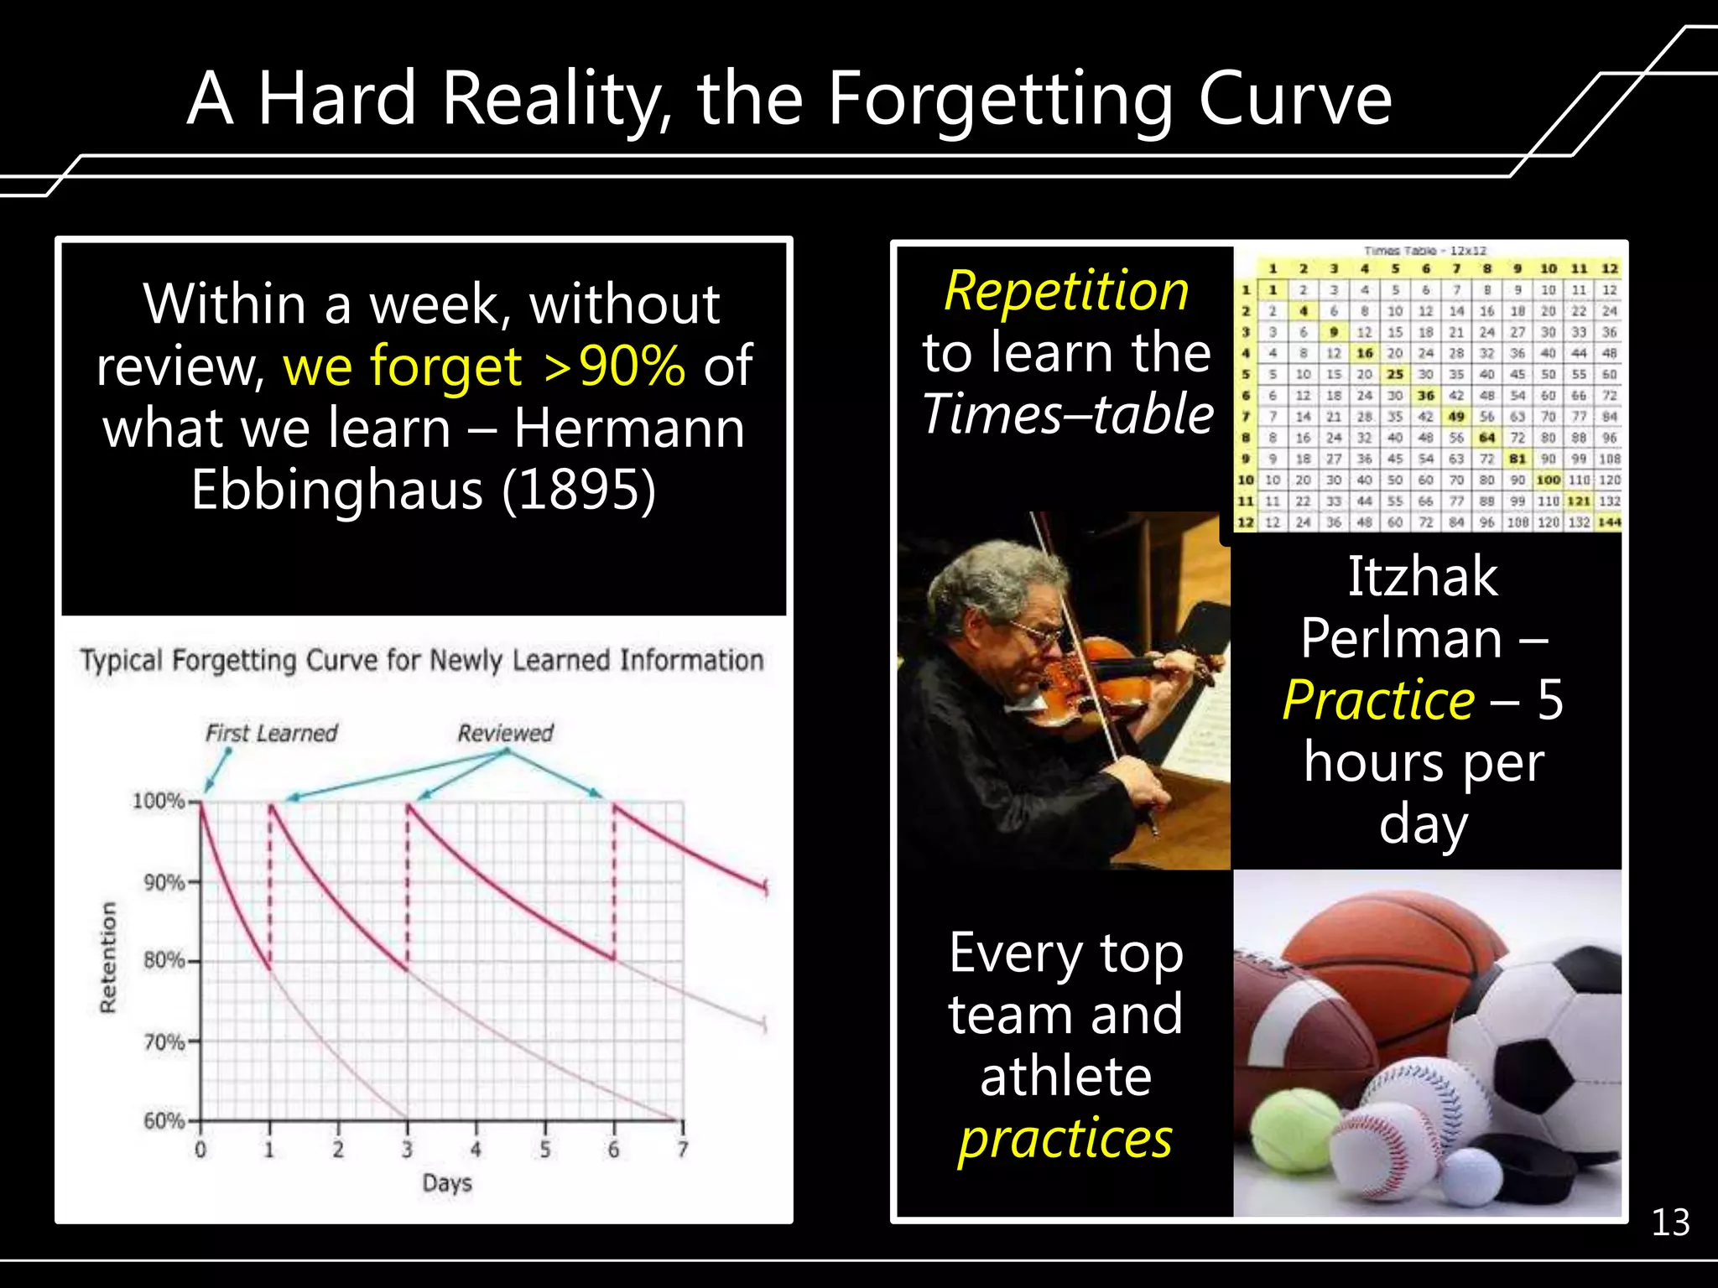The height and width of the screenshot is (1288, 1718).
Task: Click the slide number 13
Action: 1670,1223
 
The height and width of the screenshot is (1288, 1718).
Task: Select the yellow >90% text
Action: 614,366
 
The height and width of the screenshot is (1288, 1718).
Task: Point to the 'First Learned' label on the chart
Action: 271,734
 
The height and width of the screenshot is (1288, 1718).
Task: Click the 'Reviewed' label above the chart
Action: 505,733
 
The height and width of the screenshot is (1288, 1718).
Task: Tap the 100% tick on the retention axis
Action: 159,802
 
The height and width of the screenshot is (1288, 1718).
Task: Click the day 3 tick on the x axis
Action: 407,1149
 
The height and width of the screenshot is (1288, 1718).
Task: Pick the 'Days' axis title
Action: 447,1183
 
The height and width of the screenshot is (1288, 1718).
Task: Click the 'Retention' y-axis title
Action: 108,957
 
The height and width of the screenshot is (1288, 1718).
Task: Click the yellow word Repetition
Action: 1066,292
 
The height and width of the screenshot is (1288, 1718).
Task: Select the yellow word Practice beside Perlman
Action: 1378,700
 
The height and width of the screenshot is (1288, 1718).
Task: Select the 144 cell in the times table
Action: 1609,522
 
